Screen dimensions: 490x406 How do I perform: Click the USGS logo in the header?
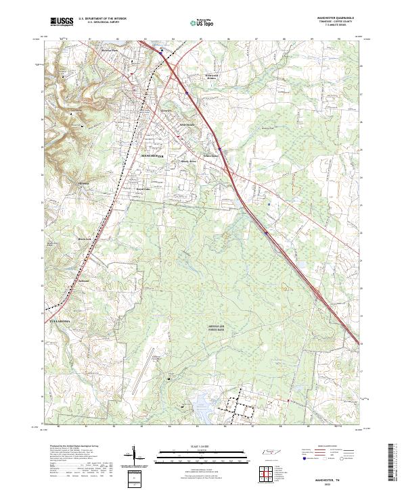pyautogui.click(x=62, y=22)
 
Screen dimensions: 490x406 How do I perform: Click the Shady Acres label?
pyautogui.click(x=188, y=162)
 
